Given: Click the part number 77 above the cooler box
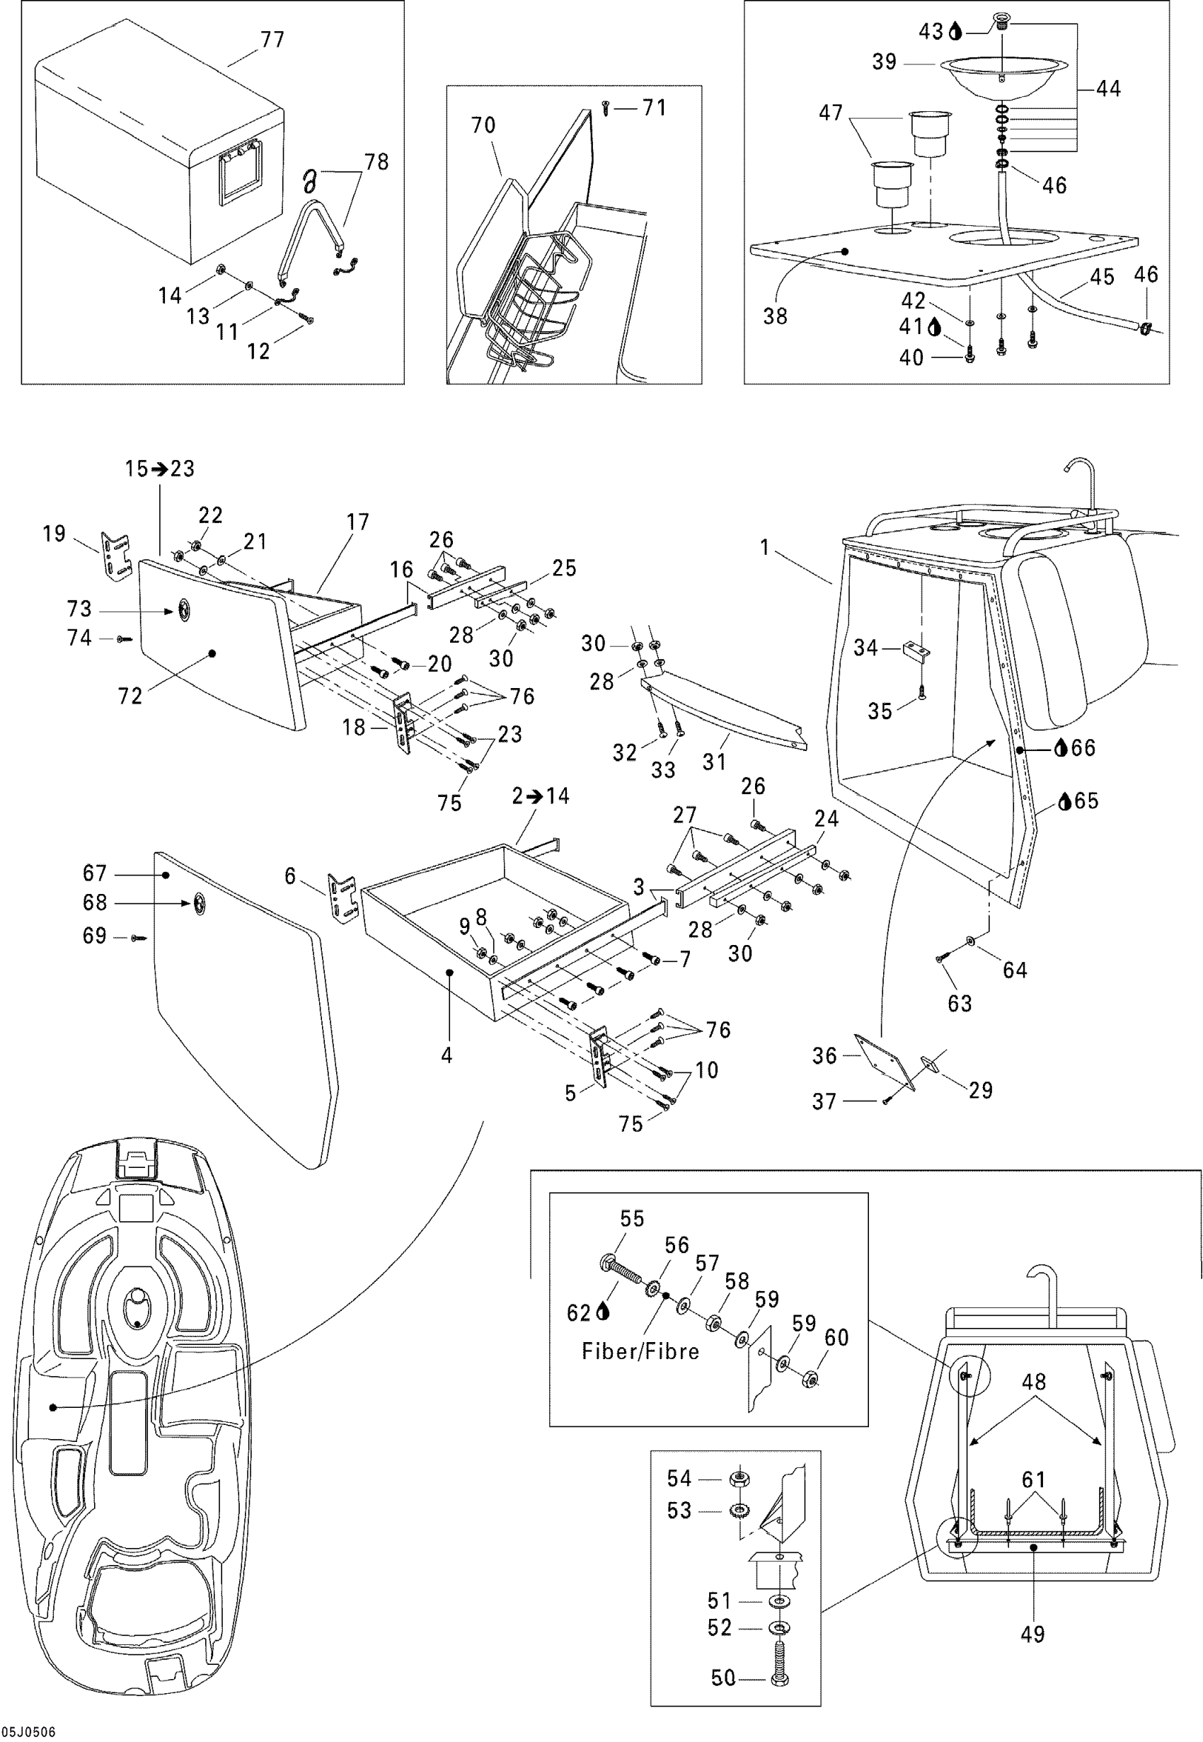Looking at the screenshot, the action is pyautogui.click(x=272, y=39).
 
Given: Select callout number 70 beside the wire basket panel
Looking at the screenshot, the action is pyautogui.click(x=483, y=125).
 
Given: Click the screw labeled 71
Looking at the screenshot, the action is pyautogui.click(x=605, y=108).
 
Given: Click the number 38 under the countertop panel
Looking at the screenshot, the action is pyautogui.click(x=775, y=316).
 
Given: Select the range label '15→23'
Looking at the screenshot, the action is pyautogui.click(x=160, y=469).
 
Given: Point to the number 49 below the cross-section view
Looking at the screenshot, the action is pyautogui.click(x=1032, y=1634).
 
